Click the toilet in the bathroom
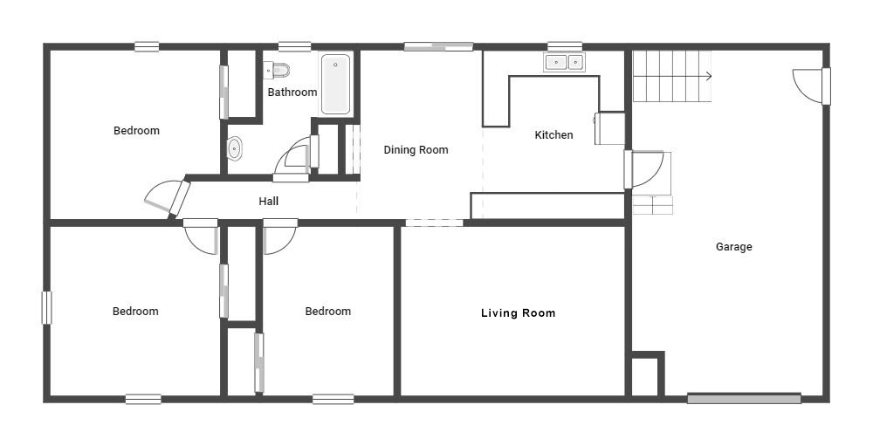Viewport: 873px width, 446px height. (x=277, y=70)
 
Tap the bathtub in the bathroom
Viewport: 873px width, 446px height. (x=336, y=84)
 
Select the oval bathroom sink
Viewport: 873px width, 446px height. (x=235, y=148)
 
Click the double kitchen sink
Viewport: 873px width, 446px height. (x=565, y=62)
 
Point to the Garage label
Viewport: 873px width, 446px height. (x=734, y=247)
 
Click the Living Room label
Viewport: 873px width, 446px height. (x=519, y=313)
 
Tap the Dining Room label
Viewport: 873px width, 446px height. (x=416, y=150)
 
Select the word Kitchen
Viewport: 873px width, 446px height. (x=553, y=134)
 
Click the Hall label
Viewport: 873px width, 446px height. (x=268, y=201)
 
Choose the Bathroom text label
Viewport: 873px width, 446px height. (x=292, y=92)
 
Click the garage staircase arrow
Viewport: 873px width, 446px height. (x=672, y=76)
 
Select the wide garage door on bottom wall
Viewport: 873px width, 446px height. (x=744, y=399)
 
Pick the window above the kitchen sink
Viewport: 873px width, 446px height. (x=565, y=47)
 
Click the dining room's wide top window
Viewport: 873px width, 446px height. (x=439, y=47)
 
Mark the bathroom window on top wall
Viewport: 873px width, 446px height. (x=294, y=47)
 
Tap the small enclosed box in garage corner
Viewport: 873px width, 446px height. (x=645, y=374)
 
